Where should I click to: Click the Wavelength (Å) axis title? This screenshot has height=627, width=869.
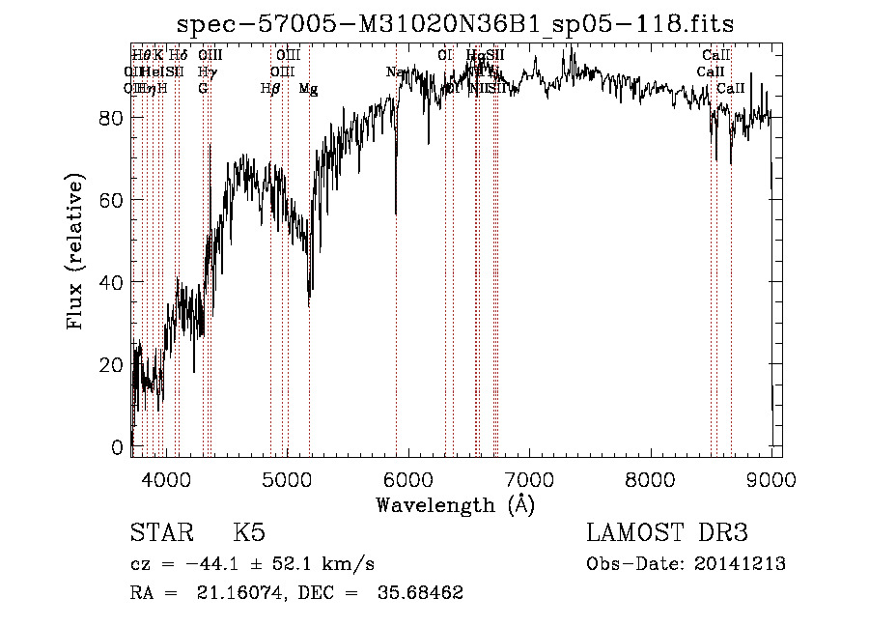point(455,504)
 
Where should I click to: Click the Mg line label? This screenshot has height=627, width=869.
point(308,89)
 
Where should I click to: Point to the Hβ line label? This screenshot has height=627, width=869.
point(270,89)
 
